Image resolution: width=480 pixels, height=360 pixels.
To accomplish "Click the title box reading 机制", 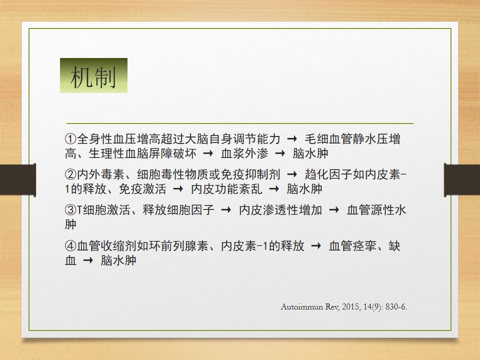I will tap(93, 75).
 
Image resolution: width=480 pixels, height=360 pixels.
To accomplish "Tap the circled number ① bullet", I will tap(70, 138).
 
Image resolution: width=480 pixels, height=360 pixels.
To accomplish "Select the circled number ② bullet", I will tap(70, 174).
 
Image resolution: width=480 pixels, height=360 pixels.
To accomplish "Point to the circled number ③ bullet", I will tap(70, 210).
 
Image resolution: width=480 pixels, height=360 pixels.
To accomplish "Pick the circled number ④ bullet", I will tap(70, 246).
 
